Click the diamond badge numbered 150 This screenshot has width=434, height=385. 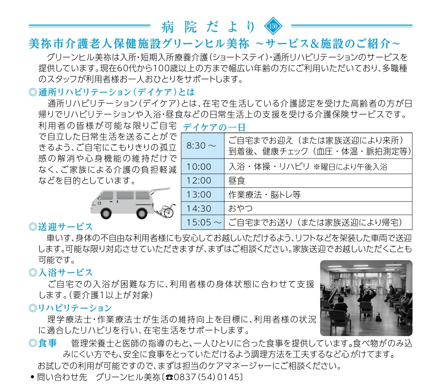tap(273, 26)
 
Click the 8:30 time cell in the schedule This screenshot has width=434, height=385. tap(201, 145)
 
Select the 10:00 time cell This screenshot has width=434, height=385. tap(199, 167)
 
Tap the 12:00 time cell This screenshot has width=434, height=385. tap(199, 181)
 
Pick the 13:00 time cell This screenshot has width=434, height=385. tap(199, 194)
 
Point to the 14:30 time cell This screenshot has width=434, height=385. tap(199, 209)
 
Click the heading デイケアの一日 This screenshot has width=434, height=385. tap(214, 127)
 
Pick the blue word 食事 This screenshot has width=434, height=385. tap(47, 343)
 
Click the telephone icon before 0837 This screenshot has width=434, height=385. tap(169, 377)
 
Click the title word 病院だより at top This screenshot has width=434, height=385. tap(208, 26)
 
